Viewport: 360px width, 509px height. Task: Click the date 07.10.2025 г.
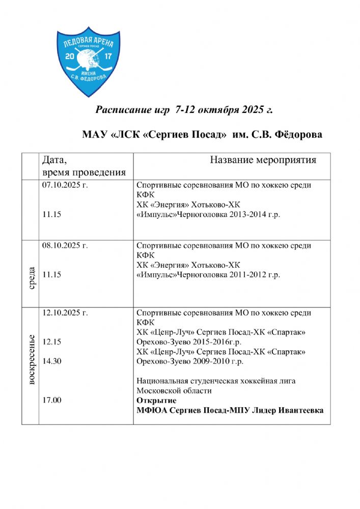[65, 185]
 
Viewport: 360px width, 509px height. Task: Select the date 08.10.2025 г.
[65, 245]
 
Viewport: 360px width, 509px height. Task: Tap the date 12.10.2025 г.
[65, 313]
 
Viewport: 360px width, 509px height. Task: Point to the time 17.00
[52, 401]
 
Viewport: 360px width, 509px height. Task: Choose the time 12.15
[52, 342]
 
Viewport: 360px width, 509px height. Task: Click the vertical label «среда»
[32, 275]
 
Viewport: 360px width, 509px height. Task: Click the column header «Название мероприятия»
[263, 160]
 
